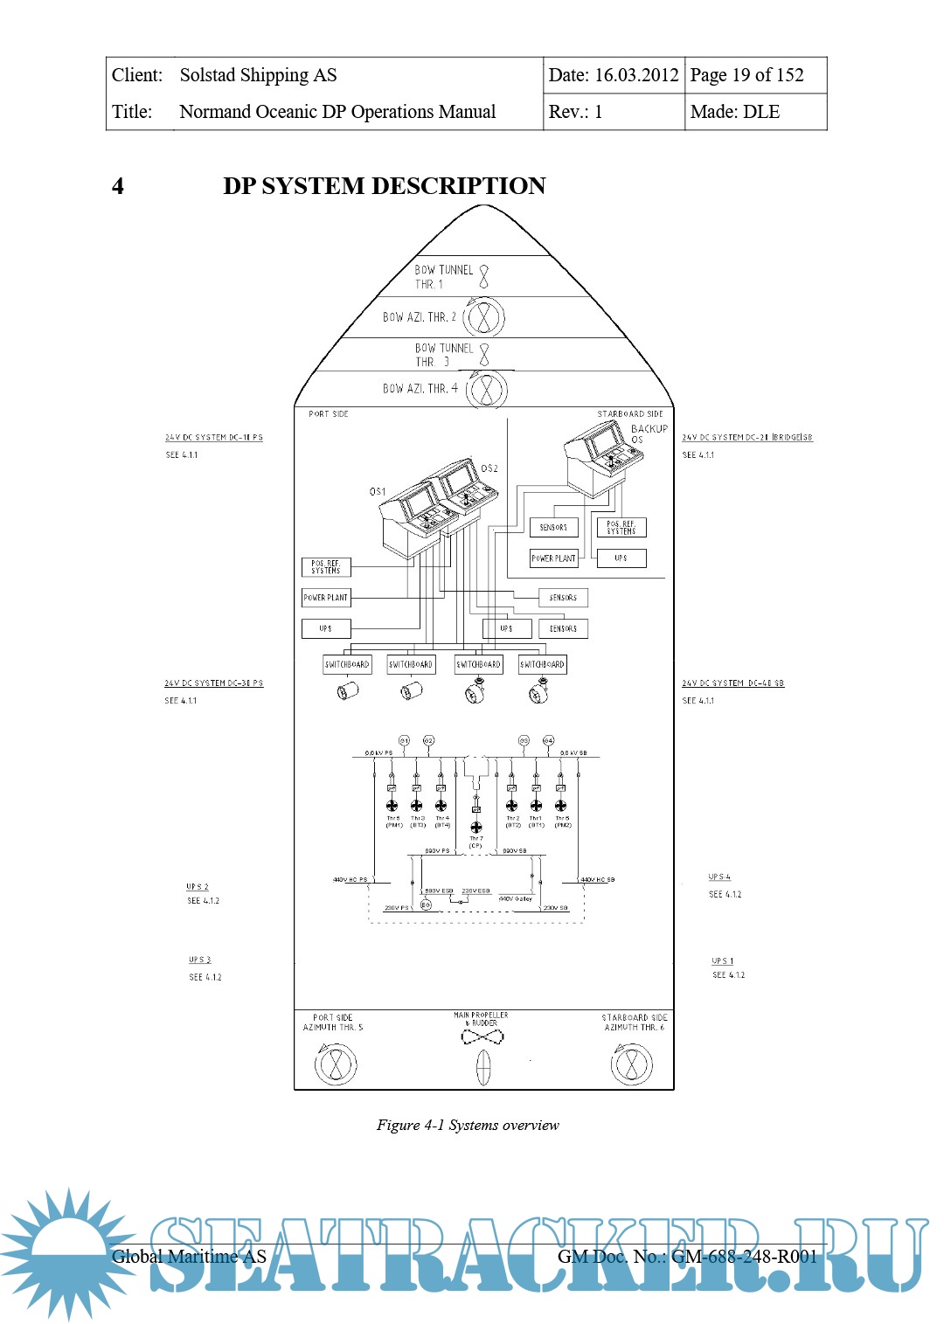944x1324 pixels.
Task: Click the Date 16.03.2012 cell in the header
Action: click(613, 75)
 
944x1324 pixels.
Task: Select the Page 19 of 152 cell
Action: click(746, 75)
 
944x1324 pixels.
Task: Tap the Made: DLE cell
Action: click(734, 112)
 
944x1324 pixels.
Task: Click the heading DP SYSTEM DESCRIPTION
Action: click(384, 186)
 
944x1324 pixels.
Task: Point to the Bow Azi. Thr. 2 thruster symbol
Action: click(483, 317)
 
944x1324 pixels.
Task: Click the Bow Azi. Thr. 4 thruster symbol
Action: click(487, 389)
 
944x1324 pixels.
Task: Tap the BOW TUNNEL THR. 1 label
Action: click(443, 276)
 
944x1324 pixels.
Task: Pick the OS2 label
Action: click(489, 468)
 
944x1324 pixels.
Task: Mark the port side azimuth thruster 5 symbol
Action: click(336, 1064)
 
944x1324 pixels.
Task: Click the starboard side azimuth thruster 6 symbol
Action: click(631, 1064)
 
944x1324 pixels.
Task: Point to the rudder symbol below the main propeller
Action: click(483, 1067)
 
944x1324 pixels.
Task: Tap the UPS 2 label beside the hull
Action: click(198, 887)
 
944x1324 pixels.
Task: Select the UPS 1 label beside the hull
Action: click(722, 961)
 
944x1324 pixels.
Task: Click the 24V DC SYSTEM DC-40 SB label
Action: click(732, 683)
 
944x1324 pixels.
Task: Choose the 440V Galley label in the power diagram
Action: click(516, 898)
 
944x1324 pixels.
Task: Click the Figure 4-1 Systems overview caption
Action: click(468, 1125)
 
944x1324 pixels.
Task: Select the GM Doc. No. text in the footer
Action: click(687, 1257)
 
